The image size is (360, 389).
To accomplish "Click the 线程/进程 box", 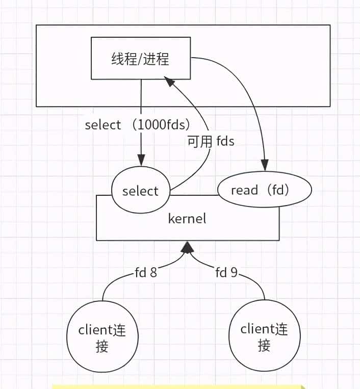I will [140, 59].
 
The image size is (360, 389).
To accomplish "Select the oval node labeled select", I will [140, 191].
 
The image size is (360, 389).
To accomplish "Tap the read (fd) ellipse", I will [264, 191].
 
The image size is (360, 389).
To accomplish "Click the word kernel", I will [187, 219].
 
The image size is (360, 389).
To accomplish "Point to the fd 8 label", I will [145, 272].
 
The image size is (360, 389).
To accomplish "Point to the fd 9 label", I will [226, 272].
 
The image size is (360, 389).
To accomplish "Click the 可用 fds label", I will [211, 141].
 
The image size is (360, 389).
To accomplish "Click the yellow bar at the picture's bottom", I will [178, 386].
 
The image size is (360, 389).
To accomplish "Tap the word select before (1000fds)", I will [103, 125].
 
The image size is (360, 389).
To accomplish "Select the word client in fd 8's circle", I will [95, 330].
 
